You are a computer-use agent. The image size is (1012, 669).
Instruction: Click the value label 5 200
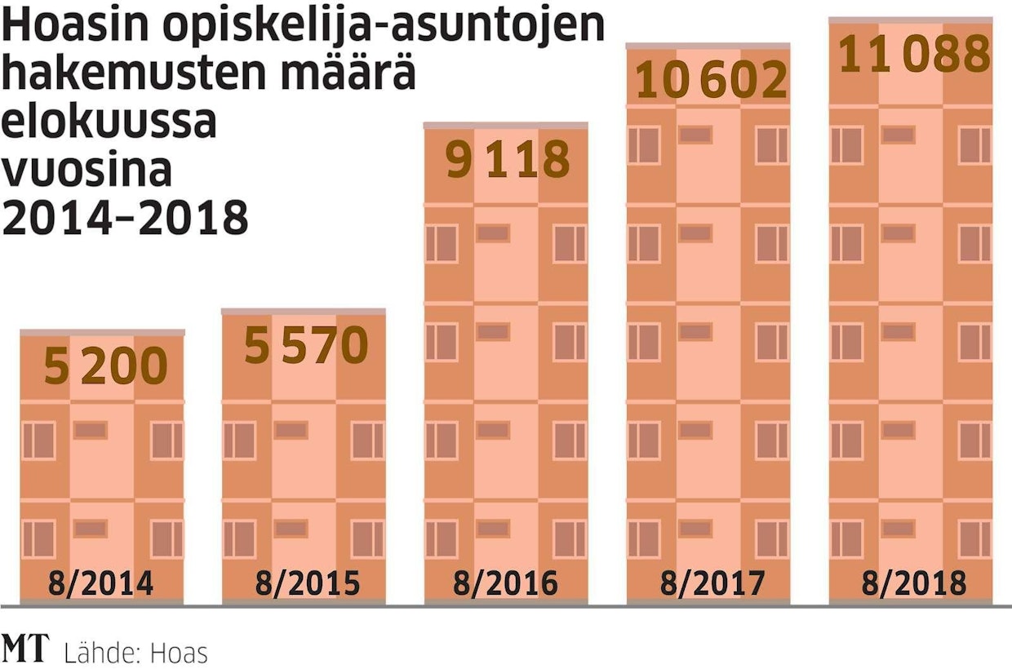(x=105, y=366)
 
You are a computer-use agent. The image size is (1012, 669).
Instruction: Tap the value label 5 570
(x=306, y=346)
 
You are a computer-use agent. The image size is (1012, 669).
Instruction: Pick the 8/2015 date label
(x=306, y=584)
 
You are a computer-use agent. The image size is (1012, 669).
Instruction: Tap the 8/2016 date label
(x=506, y=584)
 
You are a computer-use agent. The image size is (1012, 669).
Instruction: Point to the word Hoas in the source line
(x=181, y=653)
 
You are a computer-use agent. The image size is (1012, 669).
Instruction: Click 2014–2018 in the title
(x=124, y=217)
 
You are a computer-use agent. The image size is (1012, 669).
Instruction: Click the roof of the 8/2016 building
(x=506, y=125)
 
